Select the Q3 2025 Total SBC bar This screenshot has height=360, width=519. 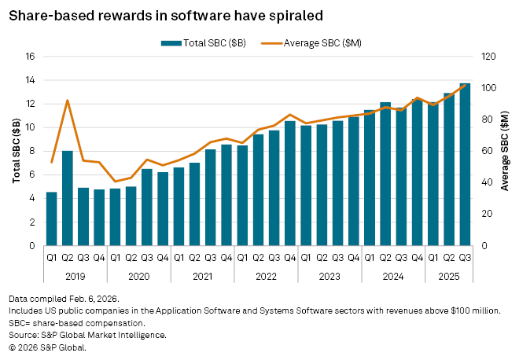pyautogui.click(x=465, y=164)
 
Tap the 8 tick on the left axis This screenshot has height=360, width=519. pyautogui.click(x=31, y=151)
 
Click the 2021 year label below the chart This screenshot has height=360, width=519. pyautogui.click(x=202, y=277)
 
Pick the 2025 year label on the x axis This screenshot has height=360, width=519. pyautogui.click(x=448, y=277)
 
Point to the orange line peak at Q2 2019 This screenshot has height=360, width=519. pyautogui.click(x=68, y=101)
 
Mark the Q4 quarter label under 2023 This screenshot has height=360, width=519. pyautogui.click(x=354, y=256)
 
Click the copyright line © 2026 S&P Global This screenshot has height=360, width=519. pyautogui.click(x=46, y=347)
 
